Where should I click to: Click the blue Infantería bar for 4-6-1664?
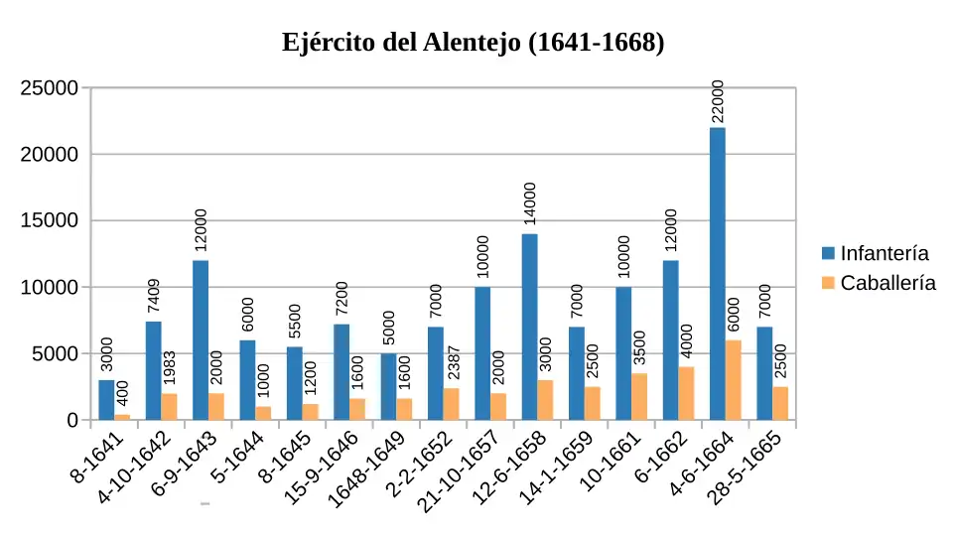tap(717, 274)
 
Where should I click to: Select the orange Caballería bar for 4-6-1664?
tap(733, 380)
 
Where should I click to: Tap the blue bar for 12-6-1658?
tap(529, 327)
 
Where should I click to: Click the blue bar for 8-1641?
tap(106, 400)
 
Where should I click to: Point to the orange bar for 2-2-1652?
tap(451, 404)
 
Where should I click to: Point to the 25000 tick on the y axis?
tap(50, 88)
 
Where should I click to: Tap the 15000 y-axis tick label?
tap(50, 221)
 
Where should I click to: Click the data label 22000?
tap(718, 101)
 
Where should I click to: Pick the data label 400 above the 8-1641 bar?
tap(123, 393)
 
